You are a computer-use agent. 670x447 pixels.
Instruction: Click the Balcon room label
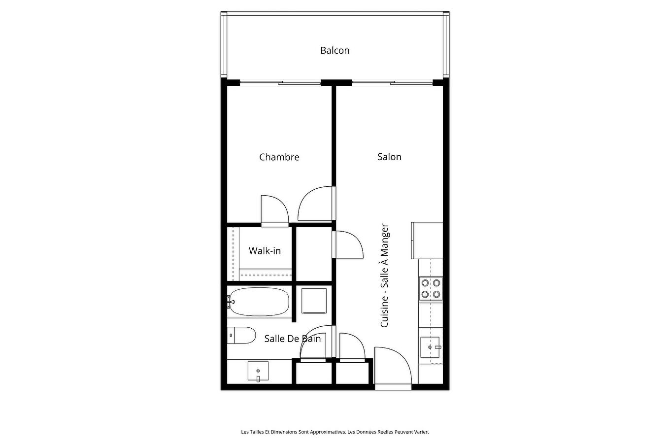coord(335,50)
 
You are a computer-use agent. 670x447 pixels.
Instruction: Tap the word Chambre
coord(279,157)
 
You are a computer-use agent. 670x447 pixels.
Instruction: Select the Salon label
coord(389,157)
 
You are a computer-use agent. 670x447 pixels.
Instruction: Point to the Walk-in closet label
coord(265,251)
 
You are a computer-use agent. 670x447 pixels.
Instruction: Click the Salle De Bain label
coord(292,339)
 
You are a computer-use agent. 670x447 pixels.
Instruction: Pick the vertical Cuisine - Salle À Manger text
coord(385,275)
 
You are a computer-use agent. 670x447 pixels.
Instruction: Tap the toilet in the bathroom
coord(242,336)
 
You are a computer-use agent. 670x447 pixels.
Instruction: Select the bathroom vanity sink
coord(258,371)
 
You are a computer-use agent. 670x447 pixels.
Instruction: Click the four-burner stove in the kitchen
coord(430,289)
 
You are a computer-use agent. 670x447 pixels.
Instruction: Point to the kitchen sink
coord(430,347)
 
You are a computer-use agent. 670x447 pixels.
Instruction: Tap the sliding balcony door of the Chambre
coord(279,83)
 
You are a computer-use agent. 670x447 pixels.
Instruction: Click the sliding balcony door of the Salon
coord(392,82)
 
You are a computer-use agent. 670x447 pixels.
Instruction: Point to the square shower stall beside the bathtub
coord(314,301)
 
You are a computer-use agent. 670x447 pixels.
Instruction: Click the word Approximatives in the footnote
coord(329,432)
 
